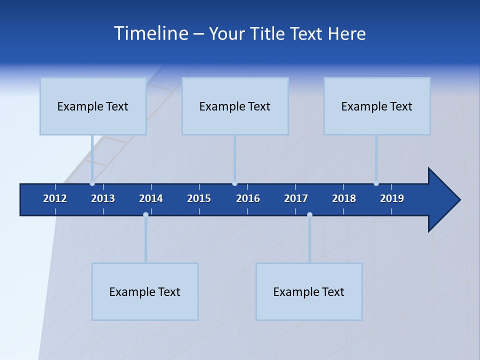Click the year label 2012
click(x=55, y=198)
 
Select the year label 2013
click(x=103, y=198)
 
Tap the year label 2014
click(x=151, y=198)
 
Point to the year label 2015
click(x=199, y=198)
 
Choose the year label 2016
click(x=248, y=198)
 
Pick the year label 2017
click(x=296, y=198)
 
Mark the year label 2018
click(x=344, y=198)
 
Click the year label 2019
click(x=392, y=198)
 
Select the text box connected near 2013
click(x=93, y=106)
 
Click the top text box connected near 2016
click(x=235, y=106)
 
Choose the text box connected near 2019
click(x=377, y=106)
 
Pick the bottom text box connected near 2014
click(x=145, y=291)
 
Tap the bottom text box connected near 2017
click(x=309, y=291)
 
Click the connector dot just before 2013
click(x=92, y=183)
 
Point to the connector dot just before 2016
click(x=234, y=183)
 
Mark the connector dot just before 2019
click(x=376, y=183)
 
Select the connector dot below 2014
click(x=145, y=215)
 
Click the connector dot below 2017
click(x=309, y=215)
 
